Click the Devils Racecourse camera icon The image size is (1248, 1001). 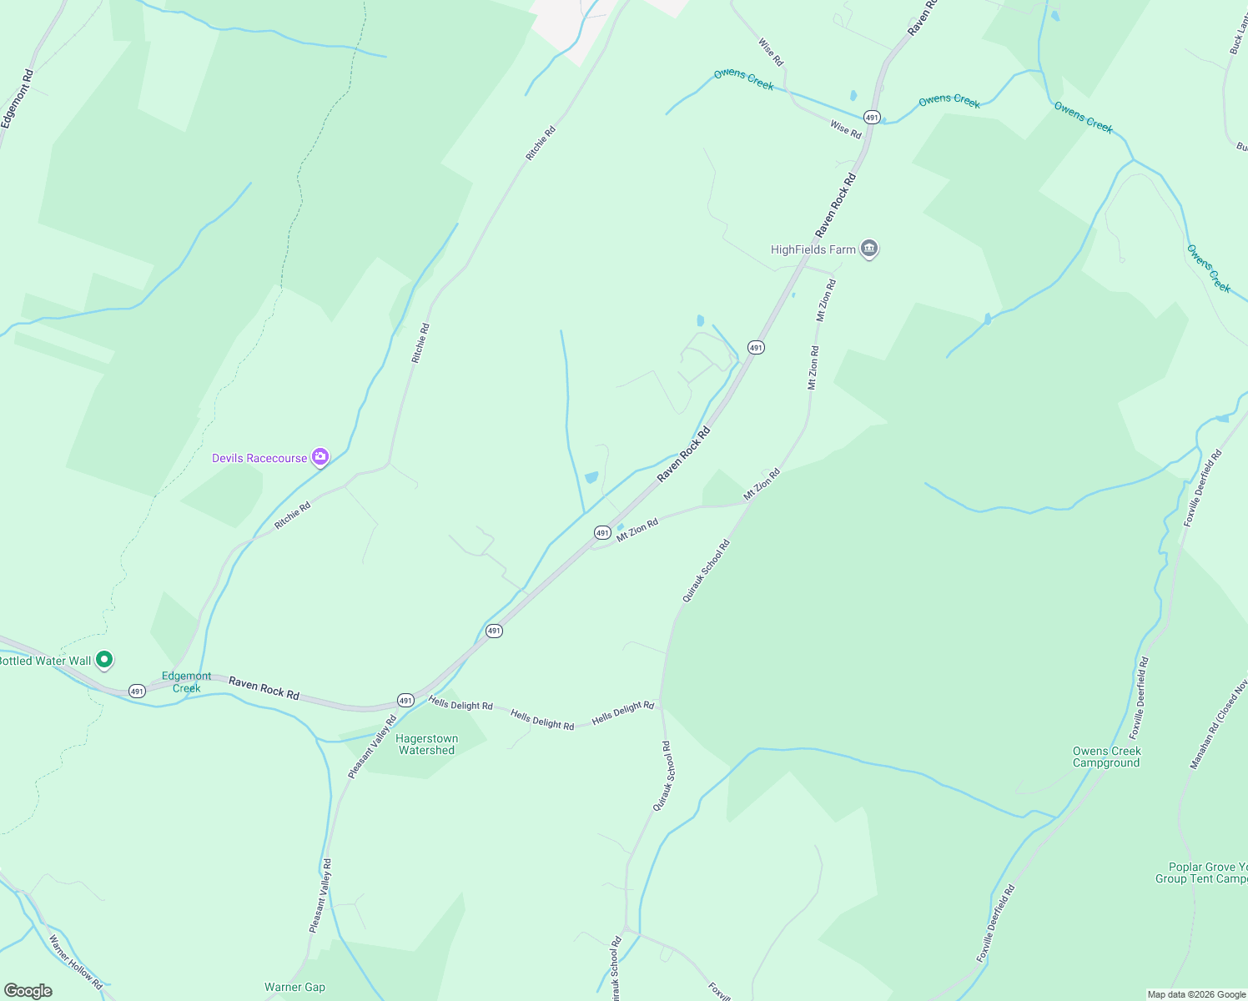click(x=320, y=457)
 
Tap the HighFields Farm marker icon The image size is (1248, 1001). click(x=869, y=249)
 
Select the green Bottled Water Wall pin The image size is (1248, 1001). click(x=104, y=660)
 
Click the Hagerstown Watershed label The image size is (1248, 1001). click(x=426, y=744)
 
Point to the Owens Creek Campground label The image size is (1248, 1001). click(x=1106, y=757)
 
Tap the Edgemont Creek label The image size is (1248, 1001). click(x=186, y=682)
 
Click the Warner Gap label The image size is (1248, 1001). click(x=294, y=987)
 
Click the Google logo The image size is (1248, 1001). click(x=28, y=990)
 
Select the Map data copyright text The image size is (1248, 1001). click(x=1196, y=994)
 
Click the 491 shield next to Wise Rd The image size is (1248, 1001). click(x=871, y=117)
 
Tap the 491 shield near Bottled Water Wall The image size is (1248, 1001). click(x=137, y=691)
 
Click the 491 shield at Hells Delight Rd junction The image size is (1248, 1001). click(x=405, y=700)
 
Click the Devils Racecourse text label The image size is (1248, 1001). click(x=259, y=458)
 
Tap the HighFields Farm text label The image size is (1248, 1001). click(x=813, y=249)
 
